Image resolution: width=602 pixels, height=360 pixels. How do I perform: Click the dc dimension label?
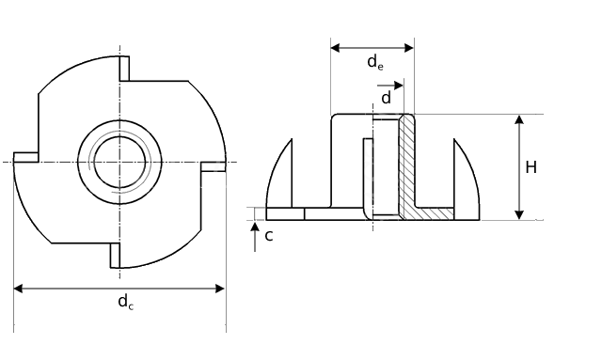[125, 302]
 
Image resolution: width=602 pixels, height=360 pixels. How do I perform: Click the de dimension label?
[375, 63]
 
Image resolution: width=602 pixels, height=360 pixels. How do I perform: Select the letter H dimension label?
[531, 167]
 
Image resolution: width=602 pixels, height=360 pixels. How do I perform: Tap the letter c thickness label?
[269, 236]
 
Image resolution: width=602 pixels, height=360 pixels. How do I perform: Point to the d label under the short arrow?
[387, 98]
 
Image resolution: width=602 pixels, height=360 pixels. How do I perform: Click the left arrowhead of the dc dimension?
[18, 289]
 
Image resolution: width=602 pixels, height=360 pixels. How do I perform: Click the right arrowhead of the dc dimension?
[220, 289]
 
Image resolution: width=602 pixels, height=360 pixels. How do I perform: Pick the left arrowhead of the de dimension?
[335, 48]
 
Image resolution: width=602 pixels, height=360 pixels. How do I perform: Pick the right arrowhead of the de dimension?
[409, 48]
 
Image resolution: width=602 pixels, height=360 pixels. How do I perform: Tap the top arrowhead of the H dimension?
[519, 119]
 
